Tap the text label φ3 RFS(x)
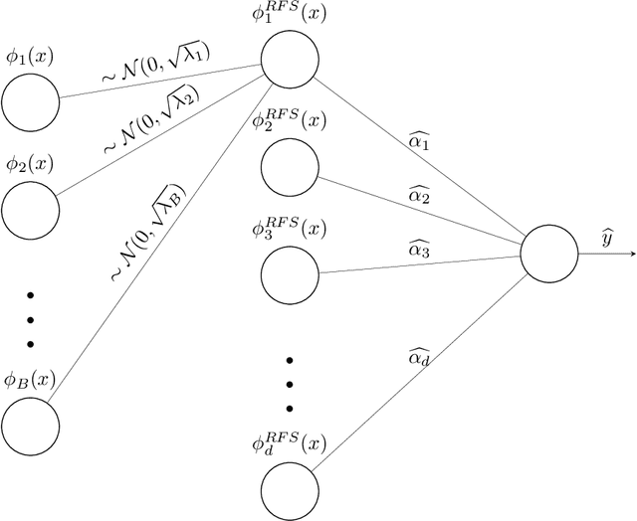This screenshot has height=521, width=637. coord(290,228)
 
